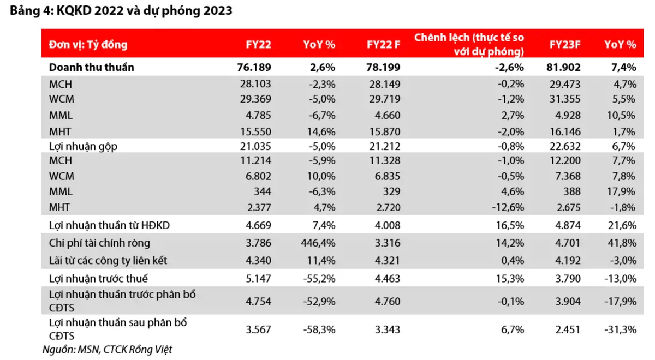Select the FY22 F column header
point(383,45)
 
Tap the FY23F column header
point(565,45)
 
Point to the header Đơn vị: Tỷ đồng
point(88,45)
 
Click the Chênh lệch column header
point(469,45)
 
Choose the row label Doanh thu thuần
point(91,68)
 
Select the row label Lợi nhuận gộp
point(83,146)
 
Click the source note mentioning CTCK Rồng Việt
point(107,349)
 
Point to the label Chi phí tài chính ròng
point(99,243)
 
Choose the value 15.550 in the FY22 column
point(255,131)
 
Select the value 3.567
point(256,329)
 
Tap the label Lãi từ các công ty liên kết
point(108,260)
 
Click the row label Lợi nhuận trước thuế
point(98,279)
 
